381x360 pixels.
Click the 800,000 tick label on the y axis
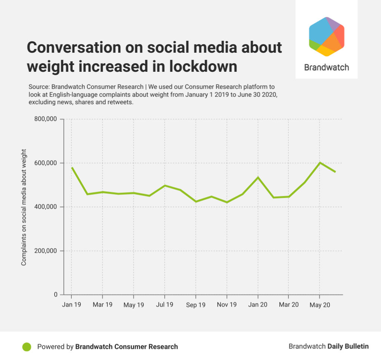point(45,119)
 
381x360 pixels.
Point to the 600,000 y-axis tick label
point(45,163)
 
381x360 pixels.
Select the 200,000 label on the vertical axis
point(45,251)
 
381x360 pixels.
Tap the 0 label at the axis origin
point(56,295)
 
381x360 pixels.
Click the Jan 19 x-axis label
point(71,305)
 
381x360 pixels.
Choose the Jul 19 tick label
point(164,305)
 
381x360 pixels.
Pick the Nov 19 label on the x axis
point(227,305)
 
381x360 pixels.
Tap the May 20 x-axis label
point(319,305)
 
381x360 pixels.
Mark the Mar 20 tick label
point(288,305)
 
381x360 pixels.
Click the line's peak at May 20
point(320,163)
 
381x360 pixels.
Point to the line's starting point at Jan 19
point(71,167)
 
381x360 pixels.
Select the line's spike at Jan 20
point(258,177)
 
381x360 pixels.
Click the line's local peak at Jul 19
point(164,185)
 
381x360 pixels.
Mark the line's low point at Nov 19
point(227,202)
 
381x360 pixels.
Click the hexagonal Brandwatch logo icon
point(326,37)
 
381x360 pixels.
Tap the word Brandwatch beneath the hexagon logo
point(326,68)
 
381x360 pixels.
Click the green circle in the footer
point(27,347)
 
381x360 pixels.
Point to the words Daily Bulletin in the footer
point(348,347)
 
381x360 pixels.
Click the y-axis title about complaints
point(24,207)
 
